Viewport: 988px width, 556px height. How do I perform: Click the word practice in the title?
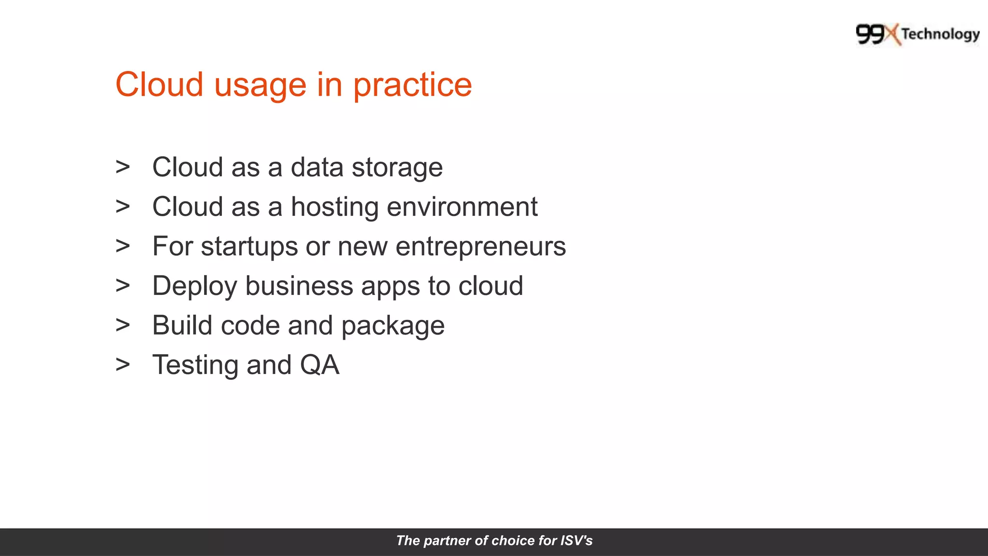coord(412,85)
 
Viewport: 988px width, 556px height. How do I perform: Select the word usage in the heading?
coord(260,85)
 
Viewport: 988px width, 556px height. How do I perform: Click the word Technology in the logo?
coord(940,34)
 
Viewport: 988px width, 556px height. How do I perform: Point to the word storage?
coord(397,168)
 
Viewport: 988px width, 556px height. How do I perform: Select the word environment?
coord(462,208)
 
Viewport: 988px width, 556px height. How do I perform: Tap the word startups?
coord(249,247)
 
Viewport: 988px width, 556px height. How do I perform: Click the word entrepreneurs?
coord(480,247)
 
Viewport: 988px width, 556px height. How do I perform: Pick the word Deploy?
coord(194,287)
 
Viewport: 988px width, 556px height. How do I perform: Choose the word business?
coord(299,286)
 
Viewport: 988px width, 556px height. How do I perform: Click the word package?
coord(393,326)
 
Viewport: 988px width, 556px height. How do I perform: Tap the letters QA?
coord(319,365)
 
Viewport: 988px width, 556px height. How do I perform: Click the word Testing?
coord(195,366)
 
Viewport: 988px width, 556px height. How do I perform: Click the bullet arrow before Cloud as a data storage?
coord(123,167)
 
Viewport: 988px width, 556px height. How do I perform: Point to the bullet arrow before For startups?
coord(123,246)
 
